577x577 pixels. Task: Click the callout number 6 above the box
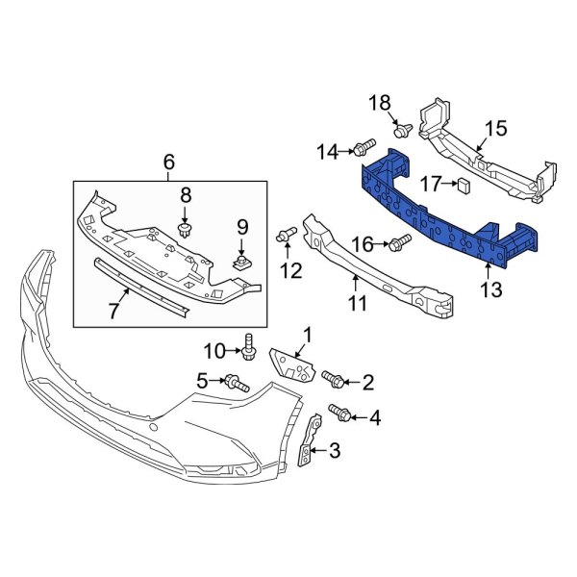[x=169, y=163]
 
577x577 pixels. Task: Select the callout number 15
[x=494, y=128]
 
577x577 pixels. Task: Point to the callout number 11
[x=357, y=305]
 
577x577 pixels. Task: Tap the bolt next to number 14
[x=364, y=148]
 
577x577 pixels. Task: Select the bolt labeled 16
[x=397, y=246]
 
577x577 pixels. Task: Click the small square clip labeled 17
[x=464, y=183]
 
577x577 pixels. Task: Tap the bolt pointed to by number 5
[x=237, y=384]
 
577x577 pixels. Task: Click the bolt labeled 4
[x=339, y=413]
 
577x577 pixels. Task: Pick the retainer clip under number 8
[x=187, y=230]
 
